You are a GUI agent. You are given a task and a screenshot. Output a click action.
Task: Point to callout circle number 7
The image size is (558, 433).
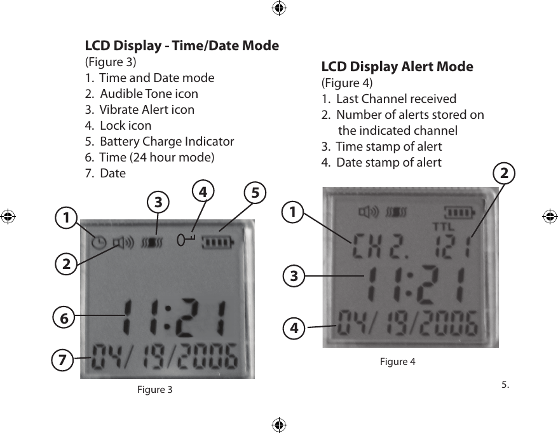click(x=62, y=359)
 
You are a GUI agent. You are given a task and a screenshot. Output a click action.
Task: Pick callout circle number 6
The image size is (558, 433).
click(x=62, y=316)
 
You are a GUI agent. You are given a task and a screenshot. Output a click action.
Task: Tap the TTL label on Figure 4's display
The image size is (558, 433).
click(x=442, y=226)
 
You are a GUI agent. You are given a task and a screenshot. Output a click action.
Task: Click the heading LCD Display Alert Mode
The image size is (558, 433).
click(x=397, y=67)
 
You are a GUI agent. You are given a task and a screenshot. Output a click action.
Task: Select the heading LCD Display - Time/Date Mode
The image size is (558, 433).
click(x=182, y=46)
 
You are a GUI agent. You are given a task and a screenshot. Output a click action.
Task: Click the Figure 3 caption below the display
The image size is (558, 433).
click(x=154, y=389)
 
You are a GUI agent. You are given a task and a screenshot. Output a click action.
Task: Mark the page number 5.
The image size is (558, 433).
click(x=505, y=384)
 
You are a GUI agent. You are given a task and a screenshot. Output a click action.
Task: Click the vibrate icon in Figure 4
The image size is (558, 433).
click(x=398, y=211)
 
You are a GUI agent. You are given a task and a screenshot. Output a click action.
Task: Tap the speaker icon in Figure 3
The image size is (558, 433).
click(x=123, y=242)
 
